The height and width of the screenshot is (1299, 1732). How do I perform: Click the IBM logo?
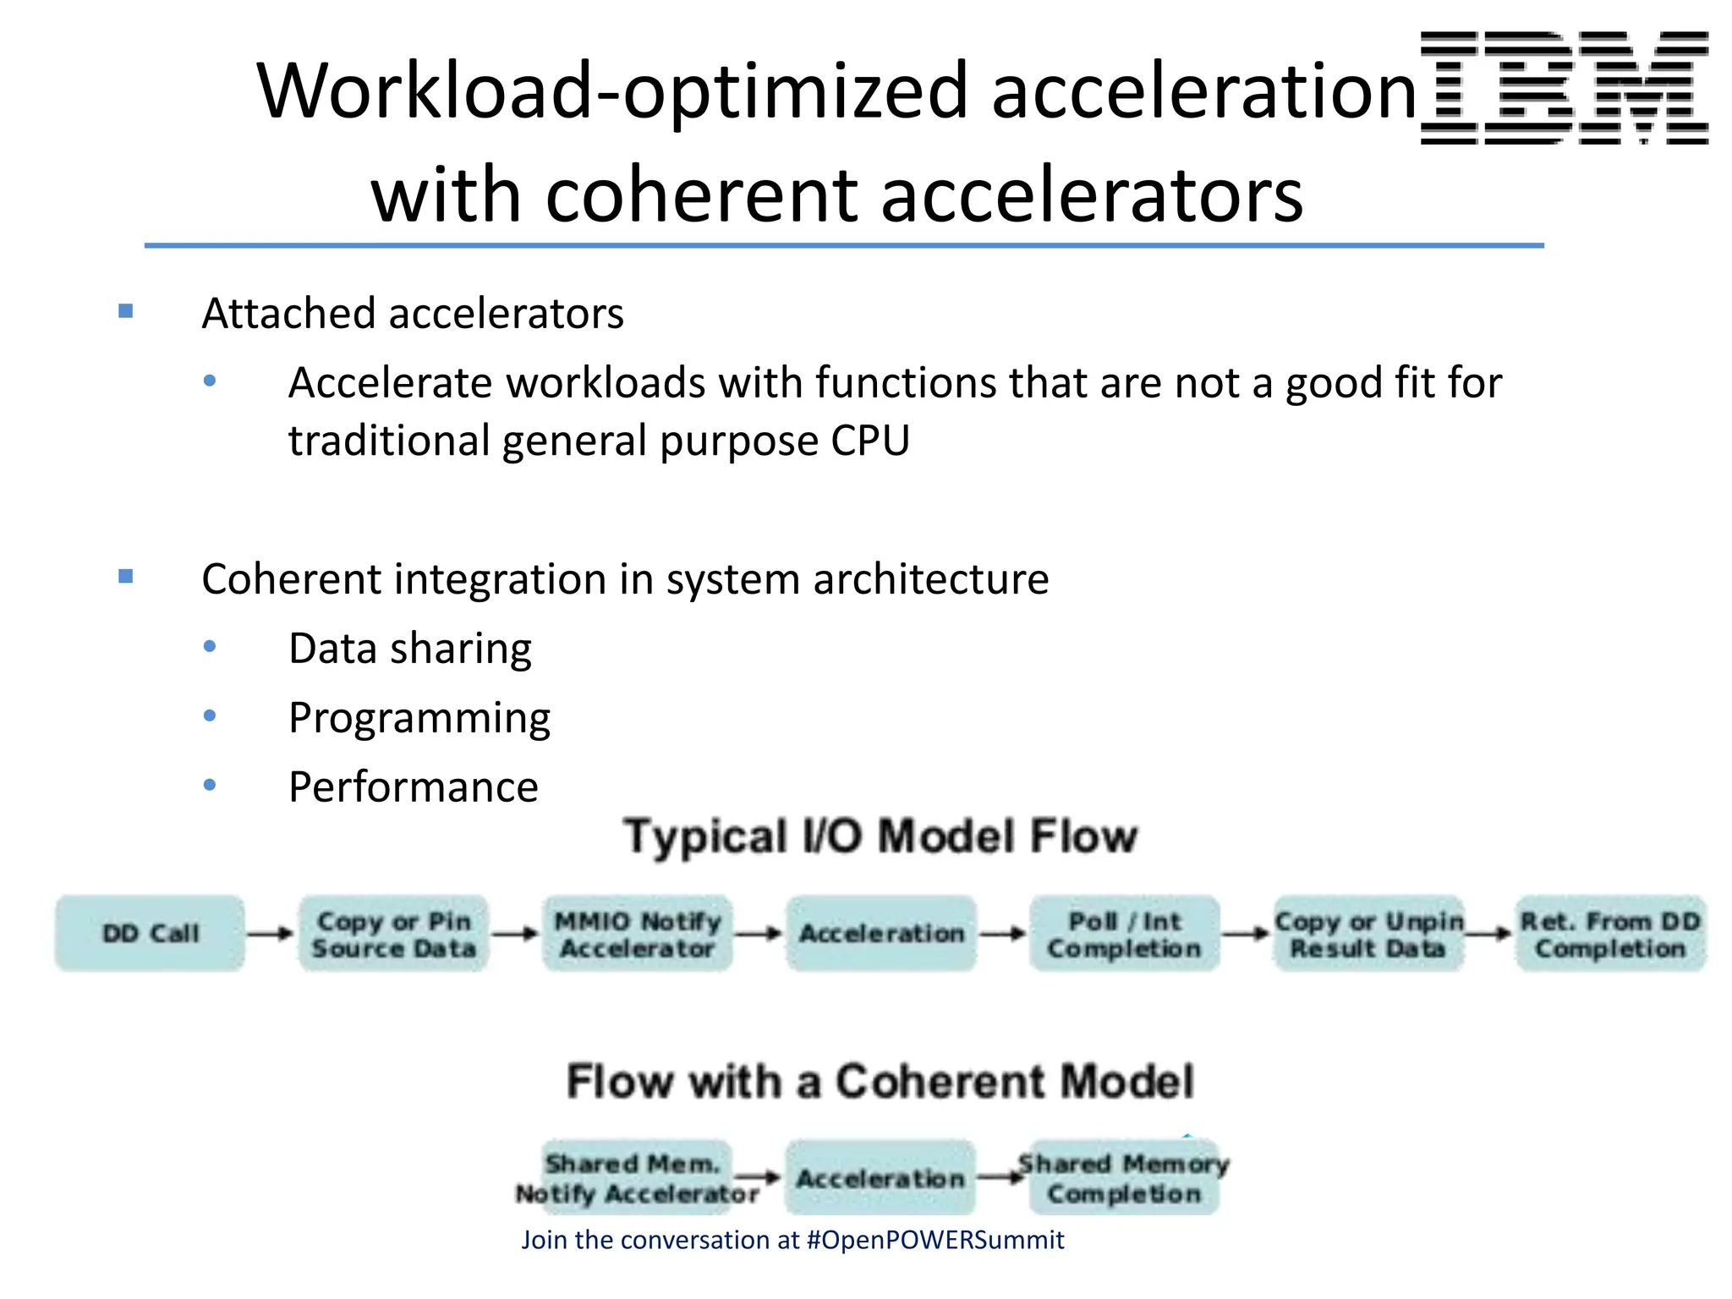pos(1564,88)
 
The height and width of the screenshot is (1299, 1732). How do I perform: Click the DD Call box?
pos(151,934)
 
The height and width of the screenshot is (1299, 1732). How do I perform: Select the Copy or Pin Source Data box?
pos(394,934)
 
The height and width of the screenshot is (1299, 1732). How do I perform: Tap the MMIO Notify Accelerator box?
pos(638,934)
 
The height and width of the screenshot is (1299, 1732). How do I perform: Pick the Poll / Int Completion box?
pos(1125,934)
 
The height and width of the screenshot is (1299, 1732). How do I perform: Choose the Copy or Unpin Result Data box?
pos(1368,934)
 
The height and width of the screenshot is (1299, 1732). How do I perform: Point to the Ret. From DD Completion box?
pos(1610,934)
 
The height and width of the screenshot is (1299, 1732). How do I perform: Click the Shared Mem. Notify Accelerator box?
pos(636,1178)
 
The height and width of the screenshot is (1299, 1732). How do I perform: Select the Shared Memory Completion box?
pos(1125,1178)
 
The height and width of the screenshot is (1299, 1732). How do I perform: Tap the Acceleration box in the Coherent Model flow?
pos(880,1178)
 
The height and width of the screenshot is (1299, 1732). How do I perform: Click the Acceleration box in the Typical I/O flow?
pos(881,934)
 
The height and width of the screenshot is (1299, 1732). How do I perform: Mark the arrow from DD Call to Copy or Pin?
pos(271,934)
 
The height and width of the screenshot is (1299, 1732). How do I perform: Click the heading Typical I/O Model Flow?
pos(880,836)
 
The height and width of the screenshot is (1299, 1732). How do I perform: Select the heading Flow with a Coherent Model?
pos(880,1081)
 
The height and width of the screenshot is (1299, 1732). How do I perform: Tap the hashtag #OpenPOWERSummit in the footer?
pos(935,1240)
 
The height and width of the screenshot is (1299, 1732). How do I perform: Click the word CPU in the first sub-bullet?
pos(870,441)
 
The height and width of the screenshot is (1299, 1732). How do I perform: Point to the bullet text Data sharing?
pos(410,649)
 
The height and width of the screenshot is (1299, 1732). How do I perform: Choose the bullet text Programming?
pos(419,718)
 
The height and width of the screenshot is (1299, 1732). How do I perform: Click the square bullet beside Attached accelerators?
pos(126,311)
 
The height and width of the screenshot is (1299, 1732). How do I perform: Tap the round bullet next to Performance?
pos(210,786)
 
